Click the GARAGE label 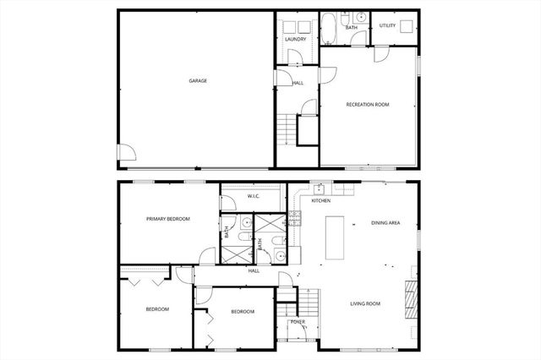(198, 81)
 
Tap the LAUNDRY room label (295, 39)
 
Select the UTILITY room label (387, 26)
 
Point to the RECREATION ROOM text (368, 105)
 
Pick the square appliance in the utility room (408, 26)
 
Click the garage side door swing (125, 154)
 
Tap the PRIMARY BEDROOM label (167, 219)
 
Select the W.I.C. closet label (253, 197)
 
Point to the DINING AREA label (385, 223)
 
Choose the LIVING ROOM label (366, 303)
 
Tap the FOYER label (298, 322)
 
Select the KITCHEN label (320, 201)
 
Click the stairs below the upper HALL (288, 130)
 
